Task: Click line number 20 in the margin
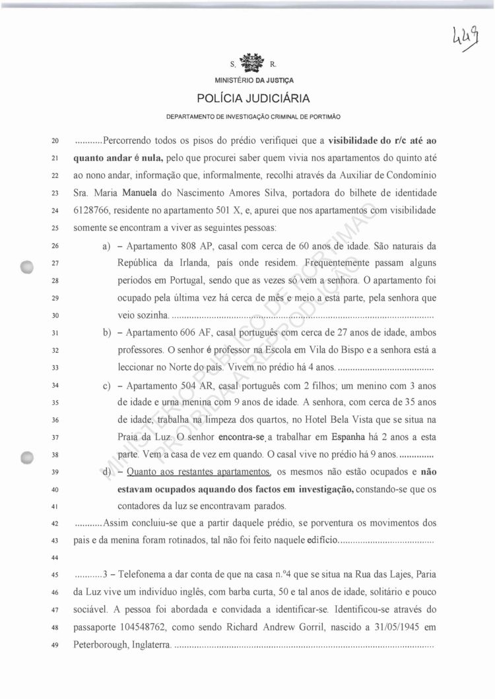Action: coord(55,142)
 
